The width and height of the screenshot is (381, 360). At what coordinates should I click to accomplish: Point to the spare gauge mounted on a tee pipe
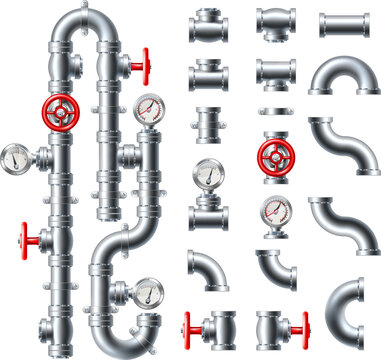(x=207, y=175)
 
